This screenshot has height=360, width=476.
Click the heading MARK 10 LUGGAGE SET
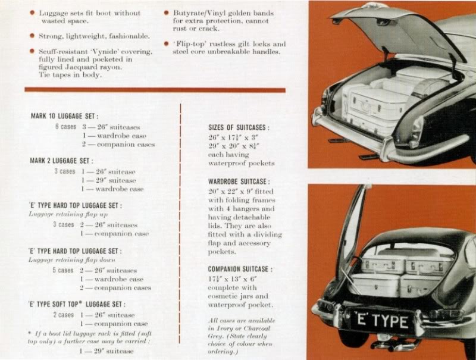point(64,117)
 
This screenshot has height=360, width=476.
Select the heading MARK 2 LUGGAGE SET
point(62,161)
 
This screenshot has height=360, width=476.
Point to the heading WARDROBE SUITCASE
point(238,181)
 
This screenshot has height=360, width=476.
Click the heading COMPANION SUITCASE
point(240,269)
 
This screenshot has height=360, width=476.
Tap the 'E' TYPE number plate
point(381,321)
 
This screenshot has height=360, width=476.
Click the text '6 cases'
point(65,127)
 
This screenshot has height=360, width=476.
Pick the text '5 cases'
point(63,270)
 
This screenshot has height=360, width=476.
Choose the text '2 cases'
point(63,315)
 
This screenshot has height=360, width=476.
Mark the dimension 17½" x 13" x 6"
point(231,278)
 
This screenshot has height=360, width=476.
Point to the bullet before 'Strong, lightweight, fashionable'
point(33,37)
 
